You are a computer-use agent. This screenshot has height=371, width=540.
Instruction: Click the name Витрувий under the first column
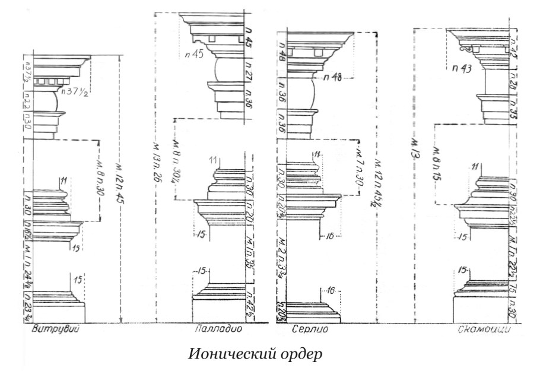click(x=52, y=329)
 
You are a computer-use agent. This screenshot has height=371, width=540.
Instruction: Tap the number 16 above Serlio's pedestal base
click(x=331, y=290)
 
